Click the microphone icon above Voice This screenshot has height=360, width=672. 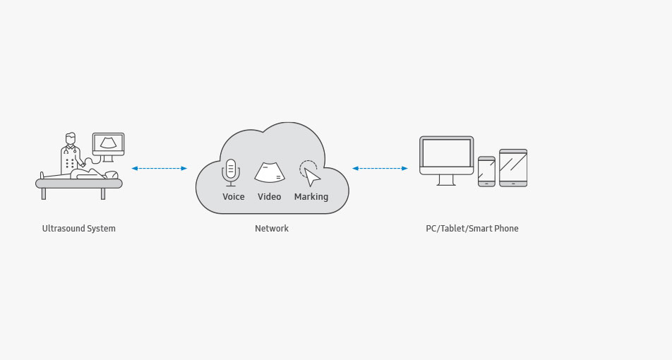(231, 172)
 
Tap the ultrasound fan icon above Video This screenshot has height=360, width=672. (270, 172)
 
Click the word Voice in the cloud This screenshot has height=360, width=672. (234, 197)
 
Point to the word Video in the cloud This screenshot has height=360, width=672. (269, 197)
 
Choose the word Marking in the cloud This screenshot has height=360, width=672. (311, 197)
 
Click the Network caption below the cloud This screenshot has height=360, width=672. (272, 229)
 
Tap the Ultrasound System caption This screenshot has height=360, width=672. (79, 229)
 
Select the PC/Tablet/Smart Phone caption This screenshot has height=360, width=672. (472, 229)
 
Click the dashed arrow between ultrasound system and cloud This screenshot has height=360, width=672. (160, 169)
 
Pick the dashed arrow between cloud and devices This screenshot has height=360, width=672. (380, 169)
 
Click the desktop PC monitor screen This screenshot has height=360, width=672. (447, 153)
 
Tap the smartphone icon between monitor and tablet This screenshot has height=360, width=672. (486, 172)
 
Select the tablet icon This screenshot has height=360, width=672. (513, 168)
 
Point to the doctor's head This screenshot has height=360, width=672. (71, 139)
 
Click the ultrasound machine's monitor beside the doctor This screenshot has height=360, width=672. (109, 144)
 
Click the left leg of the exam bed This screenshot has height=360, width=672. (44, 193)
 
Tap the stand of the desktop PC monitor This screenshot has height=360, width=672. (446, 180)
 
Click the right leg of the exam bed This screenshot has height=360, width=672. (103, 193)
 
